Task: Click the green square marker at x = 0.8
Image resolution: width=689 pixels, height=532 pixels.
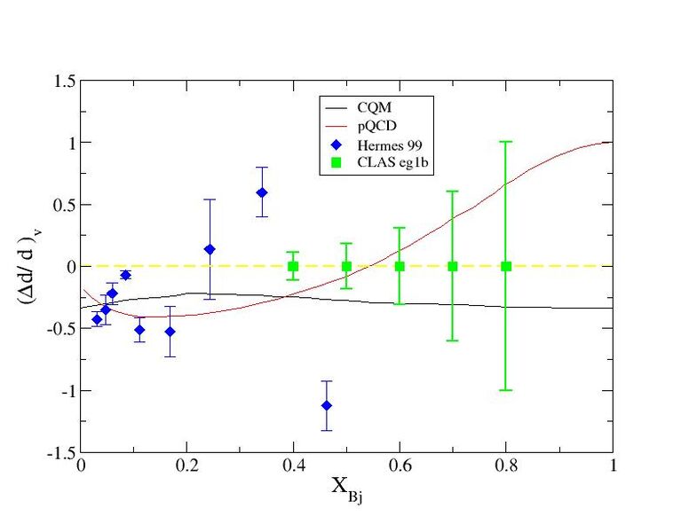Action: (x=506, y=266)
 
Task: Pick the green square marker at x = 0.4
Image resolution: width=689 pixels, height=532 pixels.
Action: (x=293, y=266)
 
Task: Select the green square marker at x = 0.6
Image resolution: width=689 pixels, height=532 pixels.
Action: (x=400, y=266)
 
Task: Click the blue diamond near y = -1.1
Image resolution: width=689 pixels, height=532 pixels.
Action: (x=327, y=405)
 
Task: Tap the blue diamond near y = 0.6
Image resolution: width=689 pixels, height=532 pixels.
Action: (x=262, y=192)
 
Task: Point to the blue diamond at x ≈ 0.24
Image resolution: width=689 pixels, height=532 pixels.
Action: (x=210, y=249)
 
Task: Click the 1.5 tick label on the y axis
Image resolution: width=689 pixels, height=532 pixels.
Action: (x=64, y=81)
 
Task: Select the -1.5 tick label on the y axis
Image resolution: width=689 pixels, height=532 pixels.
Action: (x=60, y=452)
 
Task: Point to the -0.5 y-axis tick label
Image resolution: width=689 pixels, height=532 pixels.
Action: (x=60, y=328)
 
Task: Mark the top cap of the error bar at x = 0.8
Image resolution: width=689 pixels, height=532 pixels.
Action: (x=506, y=142)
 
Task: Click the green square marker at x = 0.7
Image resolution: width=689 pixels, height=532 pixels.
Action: (x=453, y=266)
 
